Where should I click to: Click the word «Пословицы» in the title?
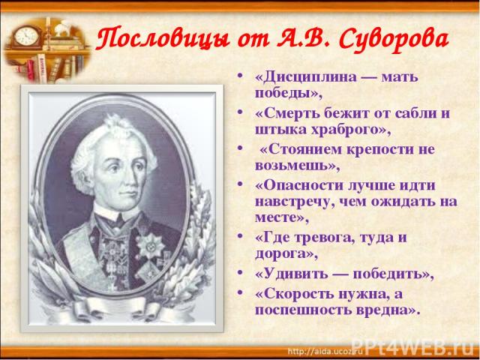[x=163, y=39]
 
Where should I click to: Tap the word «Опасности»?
[x=303, y=185]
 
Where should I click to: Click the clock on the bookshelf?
[x=27, y=37]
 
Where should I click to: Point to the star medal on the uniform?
[x=151, y=245]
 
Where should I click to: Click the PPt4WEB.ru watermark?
[x=413, y=348]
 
